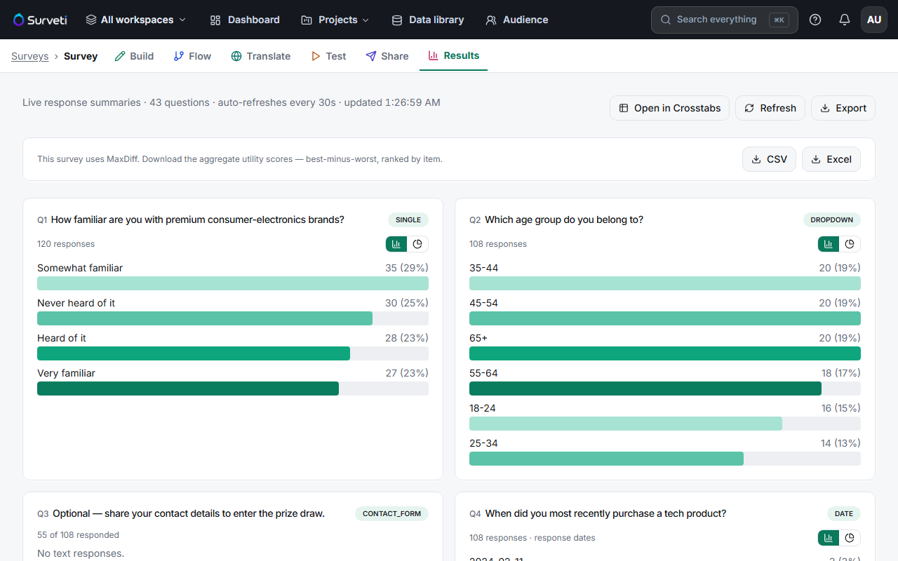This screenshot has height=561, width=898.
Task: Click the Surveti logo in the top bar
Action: click(x=40, y=20)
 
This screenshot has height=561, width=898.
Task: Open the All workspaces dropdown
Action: click(x=136, y=20)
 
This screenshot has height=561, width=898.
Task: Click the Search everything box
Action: click(x=724, y=20)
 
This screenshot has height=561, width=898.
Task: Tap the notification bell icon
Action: click(x=844, y=20)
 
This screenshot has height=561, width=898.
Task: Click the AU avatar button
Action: click(x=874, y=20)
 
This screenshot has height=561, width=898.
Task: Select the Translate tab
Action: click(x=260, y=56)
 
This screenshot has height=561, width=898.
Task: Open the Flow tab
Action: click(x=192, y=56)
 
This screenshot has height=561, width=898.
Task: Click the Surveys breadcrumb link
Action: click(x=29, y=56)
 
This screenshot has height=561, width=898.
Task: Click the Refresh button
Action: click(x=770, y=108)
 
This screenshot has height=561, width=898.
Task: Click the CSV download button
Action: click(x=769, y=159)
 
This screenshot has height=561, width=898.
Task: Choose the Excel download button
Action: click(x=831, y=159)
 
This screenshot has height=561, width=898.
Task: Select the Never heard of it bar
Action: click(x=204, y=318)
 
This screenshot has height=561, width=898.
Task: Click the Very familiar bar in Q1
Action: click(x=187, y=388)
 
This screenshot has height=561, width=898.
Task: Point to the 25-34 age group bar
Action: click(x=606, y=459)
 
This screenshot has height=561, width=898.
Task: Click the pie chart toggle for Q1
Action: click(x=417, y=244)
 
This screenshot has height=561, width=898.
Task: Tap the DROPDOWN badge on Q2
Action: click(x=831, y=220)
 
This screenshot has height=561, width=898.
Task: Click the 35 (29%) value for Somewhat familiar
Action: click(x=406, y=268)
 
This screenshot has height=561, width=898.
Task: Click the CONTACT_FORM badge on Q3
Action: click(x=391, y=514)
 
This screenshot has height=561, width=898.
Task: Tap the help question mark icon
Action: click(x=815, y=20)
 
